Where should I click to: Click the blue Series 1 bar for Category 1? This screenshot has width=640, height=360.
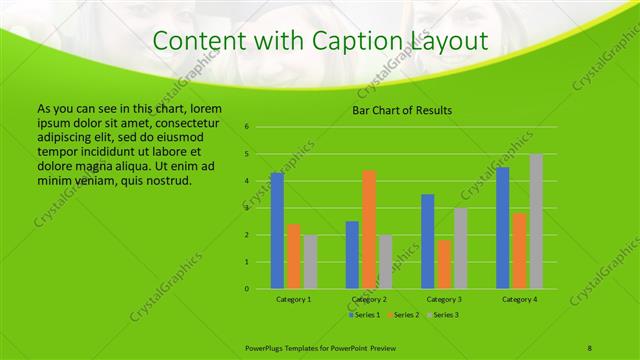point(277,231)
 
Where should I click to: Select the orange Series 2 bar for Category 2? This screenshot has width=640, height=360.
point(369,230)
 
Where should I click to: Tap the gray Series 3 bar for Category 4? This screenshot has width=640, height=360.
point(536,222)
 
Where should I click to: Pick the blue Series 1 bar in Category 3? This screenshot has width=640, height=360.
point(428,241)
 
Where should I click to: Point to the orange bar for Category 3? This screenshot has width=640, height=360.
point(444,264)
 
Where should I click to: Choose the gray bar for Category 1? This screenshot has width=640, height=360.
point(310,262)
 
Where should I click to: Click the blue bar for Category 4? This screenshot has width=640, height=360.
point(503,228)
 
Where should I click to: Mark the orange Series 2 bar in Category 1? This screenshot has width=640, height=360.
point(294,256)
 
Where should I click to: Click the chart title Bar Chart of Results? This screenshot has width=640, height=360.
point(403,110)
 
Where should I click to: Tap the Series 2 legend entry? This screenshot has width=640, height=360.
point(403,315)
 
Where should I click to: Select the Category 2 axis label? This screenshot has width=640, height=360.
point(369,299)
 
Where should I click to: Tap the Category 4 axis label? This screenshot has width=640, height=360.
point(519,299)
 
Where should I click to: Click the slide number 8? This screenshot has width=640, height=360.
point(590,346)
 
